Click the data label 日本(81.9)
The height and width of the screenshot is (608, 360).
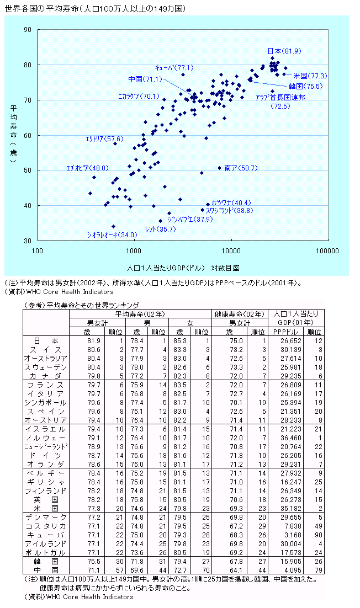pos(284,51)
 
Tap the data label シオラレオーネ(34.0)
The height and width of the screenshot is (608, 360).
pos(112,235)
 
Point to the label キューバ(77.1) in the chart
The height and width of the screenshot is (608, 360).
pos(173,67)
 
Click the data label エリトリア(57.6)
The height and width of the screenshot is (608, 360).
pos(104,138)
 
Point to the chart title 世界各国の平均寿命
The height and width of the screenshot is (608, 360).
pos(38,9)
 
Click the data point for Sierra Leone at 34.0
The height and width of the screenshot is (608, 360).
pos(114,226)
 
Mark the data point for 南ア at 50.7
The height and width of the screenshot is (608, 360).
pos(219,168)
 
